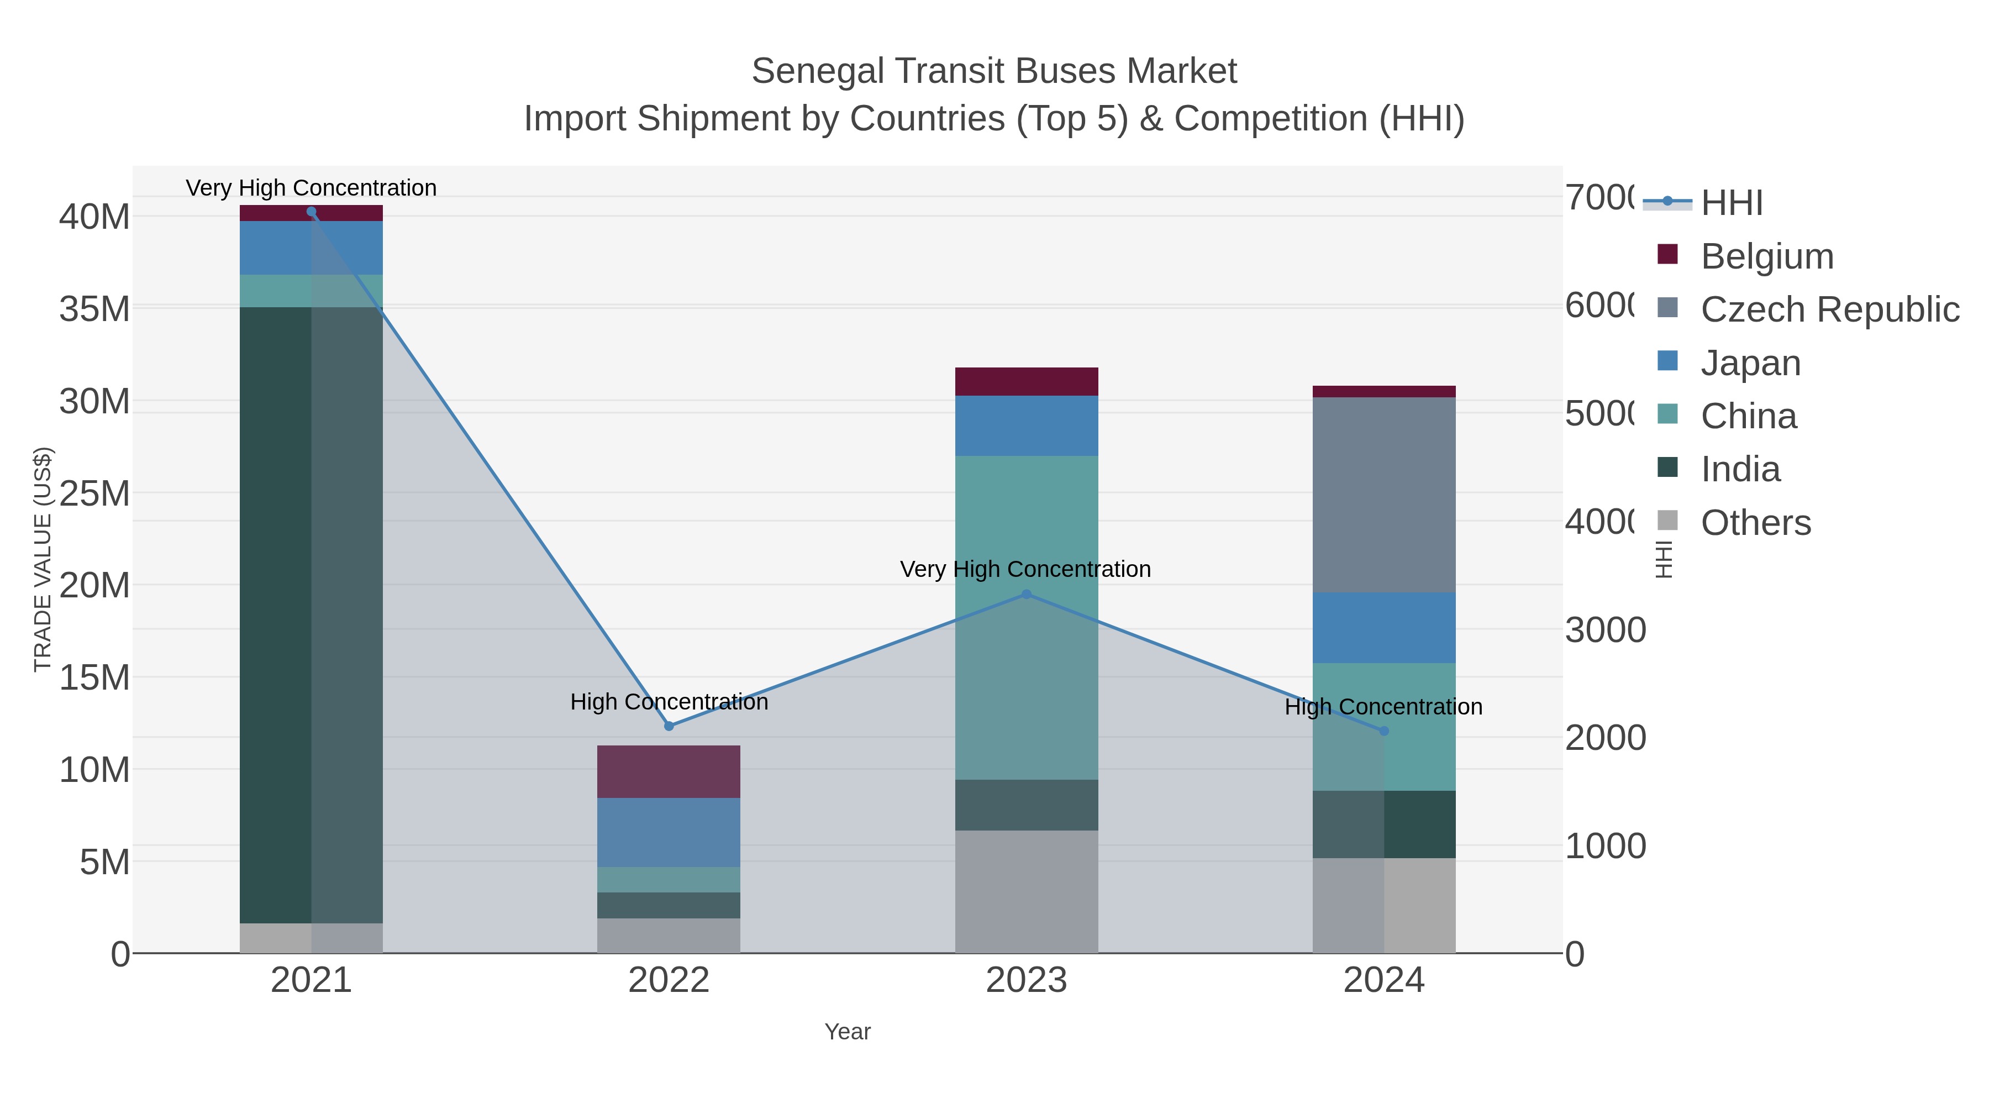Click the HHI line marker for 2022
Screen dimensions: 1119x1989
[x=669, y=726]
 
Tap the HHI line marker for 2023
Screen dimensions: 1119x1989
[x=1026, y=595]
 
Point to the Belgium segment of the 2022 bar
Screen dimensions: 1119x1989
[x=669, y=771]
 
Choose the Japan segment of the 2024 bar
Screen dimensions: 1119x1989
[x=1383, y=628]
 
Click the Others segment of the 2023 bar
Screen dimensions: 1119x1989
[x=1026, y=892]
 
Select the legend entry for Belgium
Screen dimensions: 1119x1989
[x=1767, y=256]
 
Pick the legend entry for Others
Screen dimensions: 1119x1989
[x=1755, y=523]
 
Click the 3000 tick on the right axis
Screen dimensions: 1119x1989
[x=1605, y=630]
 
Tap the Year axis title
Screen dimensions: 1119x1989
[x=847, y=1032]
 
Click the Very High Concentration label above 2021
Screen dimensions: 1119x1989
[x=311, y=188]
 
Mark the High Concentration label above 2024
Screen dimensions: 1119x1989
[x=1383, y=707]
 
